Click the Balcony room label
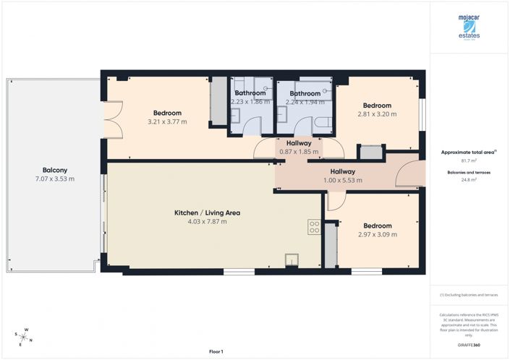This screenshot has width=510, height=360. (x=54, y=170)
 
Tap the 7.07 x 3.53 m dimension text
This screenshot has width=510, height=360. (x=54, y=179)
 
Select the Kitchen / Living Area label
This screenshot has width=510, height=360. (x=207, y=213)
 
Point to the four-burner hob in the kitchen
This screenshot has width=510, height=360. (x=315, y=227)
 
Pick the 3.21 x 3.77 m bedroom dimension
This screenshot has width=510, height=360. (x=167, y=121)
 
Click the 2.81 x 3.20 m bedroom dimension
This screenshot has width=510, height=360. (x=378, y=113)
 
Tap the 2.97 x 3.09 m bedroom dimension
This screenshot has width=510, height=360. (x=378, y=234)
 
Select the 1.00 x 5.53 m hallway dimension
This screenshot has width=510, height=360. (x=342, y=180)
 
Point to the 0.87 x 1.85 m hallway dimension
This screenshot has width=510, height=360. (x=299, y=152)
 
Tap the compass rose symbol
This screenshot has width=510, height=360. (x=24, y=337)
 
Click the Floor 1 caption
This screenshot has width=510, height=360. (x=216, y=351)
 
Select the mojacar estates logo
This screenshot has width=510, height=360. (x=468, y=28)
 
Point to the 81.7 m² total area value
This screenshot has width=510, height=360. (x=469, y=161)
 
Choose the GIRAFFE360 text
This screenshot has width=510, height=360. (x=469, y=347)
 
